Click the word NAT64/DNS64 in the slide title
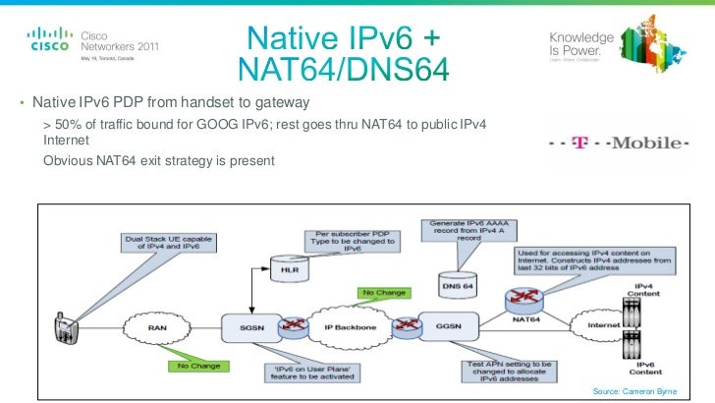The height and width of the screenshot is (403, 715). click(x=343, y=70)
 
